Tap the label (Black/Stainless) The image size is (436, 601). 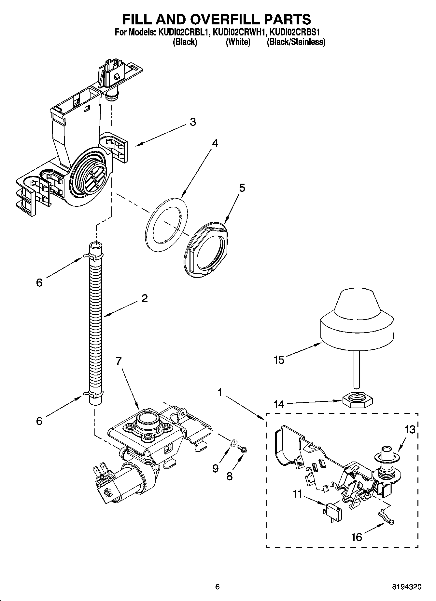tap(296, 42)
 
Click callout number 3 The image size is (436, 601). tap(193, 122)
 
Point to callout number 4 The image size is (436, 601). tap(215, 143)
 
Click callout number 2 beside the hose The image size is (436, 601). tap(145, 298)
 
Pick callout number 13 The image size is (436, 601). tap(410, 429)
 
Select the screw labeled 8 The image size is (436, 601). tap(243, 449)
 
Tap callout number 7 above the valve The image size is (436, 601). tap(119, 360)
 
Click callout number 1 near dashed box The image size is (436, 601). tap(220, 393)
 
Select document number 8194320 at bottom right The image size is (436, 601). tap(406, 587)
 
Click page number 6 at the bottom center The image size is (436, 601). tap(218, 587)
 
